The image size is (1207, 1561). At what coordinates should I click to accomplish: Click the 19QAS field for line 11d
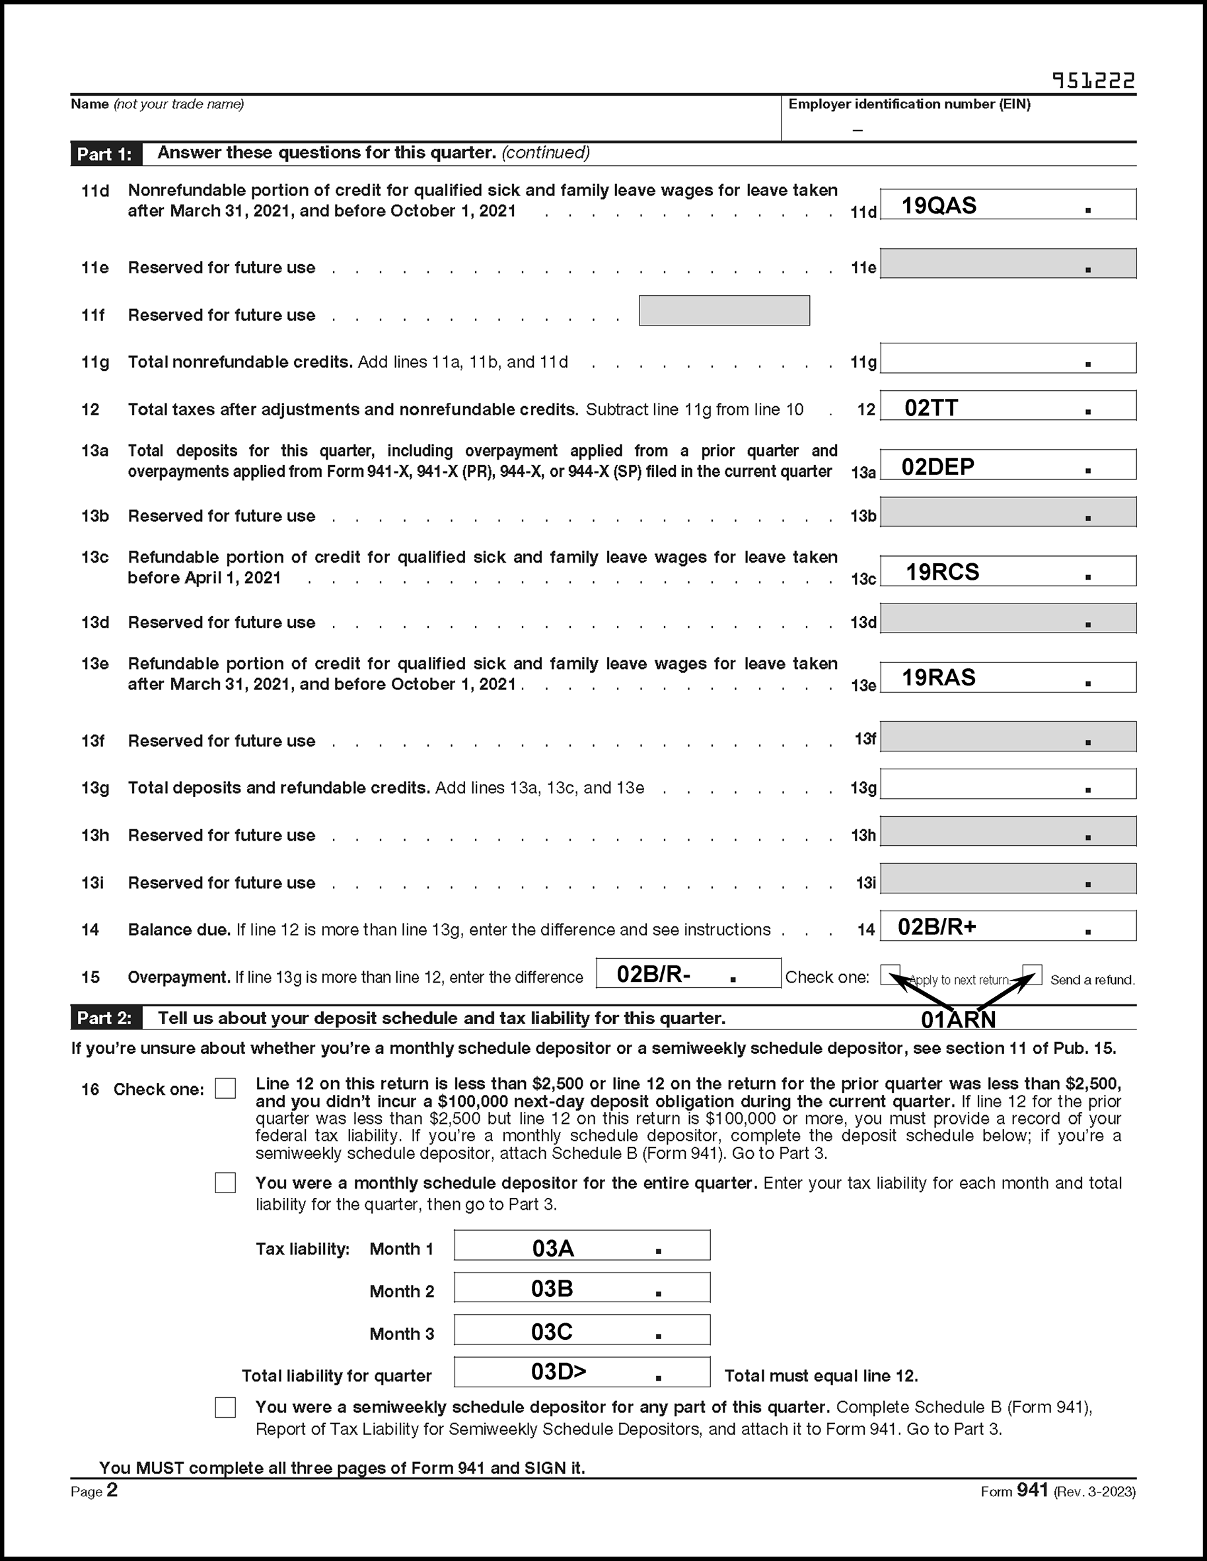tap(1007, 205)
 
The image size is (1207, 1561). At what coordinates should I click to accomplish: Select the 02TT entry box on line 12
tap(1007, 406)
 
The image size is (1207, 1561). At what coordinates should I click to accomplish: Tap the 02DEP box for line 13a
tap(1007, 466)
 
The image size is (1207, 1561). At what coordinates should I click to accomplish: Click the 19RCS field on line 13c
tap(1007, 571)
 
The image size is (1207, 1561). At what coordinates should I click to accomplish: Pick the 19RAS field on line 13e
tap(1007, 677)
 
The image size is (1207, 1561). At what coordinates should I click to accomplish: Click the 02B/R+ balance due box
tap(1007, 926)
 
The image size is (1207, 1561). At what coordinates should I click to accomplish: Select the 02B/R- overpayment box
tap(688, 973)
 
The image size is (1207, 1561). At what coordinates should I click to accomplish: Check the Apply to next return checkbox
tap(891, 973)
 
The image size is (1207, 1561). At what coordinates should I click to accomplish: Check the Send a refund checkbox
tap(1032, 973)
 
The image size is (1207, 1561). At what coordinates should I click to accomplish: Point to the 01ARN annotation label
tap(958, 1020)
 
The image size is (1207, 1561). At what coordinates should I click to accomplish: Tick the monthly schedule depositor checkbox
tap(225, 1183)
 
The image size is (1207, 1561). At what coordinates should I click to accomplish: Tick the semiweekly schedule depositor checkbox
tap(225, 1406)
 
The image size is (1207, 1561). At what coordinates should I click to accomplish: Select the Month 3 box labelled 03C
tap(582, 1330)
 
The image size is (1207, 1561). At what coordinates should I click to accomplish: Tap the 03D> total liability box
tap(582, 1371)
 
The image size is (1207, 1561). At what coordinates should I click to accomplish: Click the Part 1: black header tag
tap(105, 155)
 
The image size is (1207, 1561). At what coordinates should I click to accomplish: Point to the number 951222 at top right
tap(1093, 80)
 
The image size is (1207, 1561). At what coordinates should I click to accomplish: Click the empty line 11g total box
tap(1007, 358)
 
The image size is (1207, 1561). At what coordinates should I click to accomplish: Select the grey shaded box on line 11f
tap(723, 311)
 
